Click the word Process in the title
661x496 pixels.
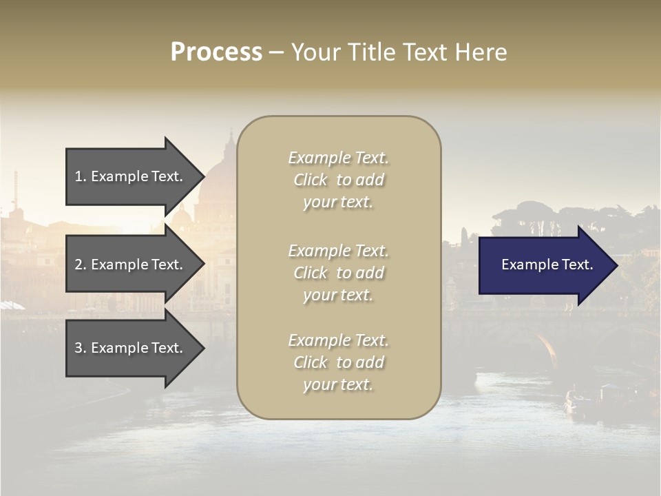tap(216, 52)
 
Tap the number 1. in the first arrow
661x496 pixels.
tap(81, 176)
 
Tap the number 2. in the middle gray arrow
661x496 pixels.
tap(81, 265)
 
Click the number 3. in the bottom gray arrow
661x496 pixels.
tap(81, 349)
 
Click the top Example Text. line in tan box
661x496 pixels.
tap(338, 158)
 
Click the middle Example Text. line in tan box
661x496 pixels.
tap(338, 251)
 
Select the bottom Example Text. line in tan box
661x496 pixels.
tap(338, 340)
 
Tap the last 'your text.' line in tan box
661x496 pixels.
tap(338, 384)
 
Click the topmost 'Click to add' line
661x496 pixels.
tap(338, 180)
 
